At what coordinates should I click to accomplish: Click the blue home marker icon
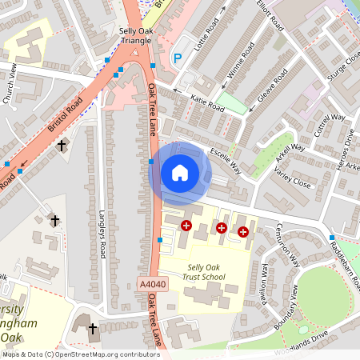point(179,173)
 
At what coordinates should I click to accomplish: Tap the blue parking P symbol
point(178,58)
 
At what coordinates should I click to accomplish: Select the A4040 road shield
point(153,284)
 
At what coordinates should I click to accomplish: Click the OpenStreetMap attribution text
point(81,354)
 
